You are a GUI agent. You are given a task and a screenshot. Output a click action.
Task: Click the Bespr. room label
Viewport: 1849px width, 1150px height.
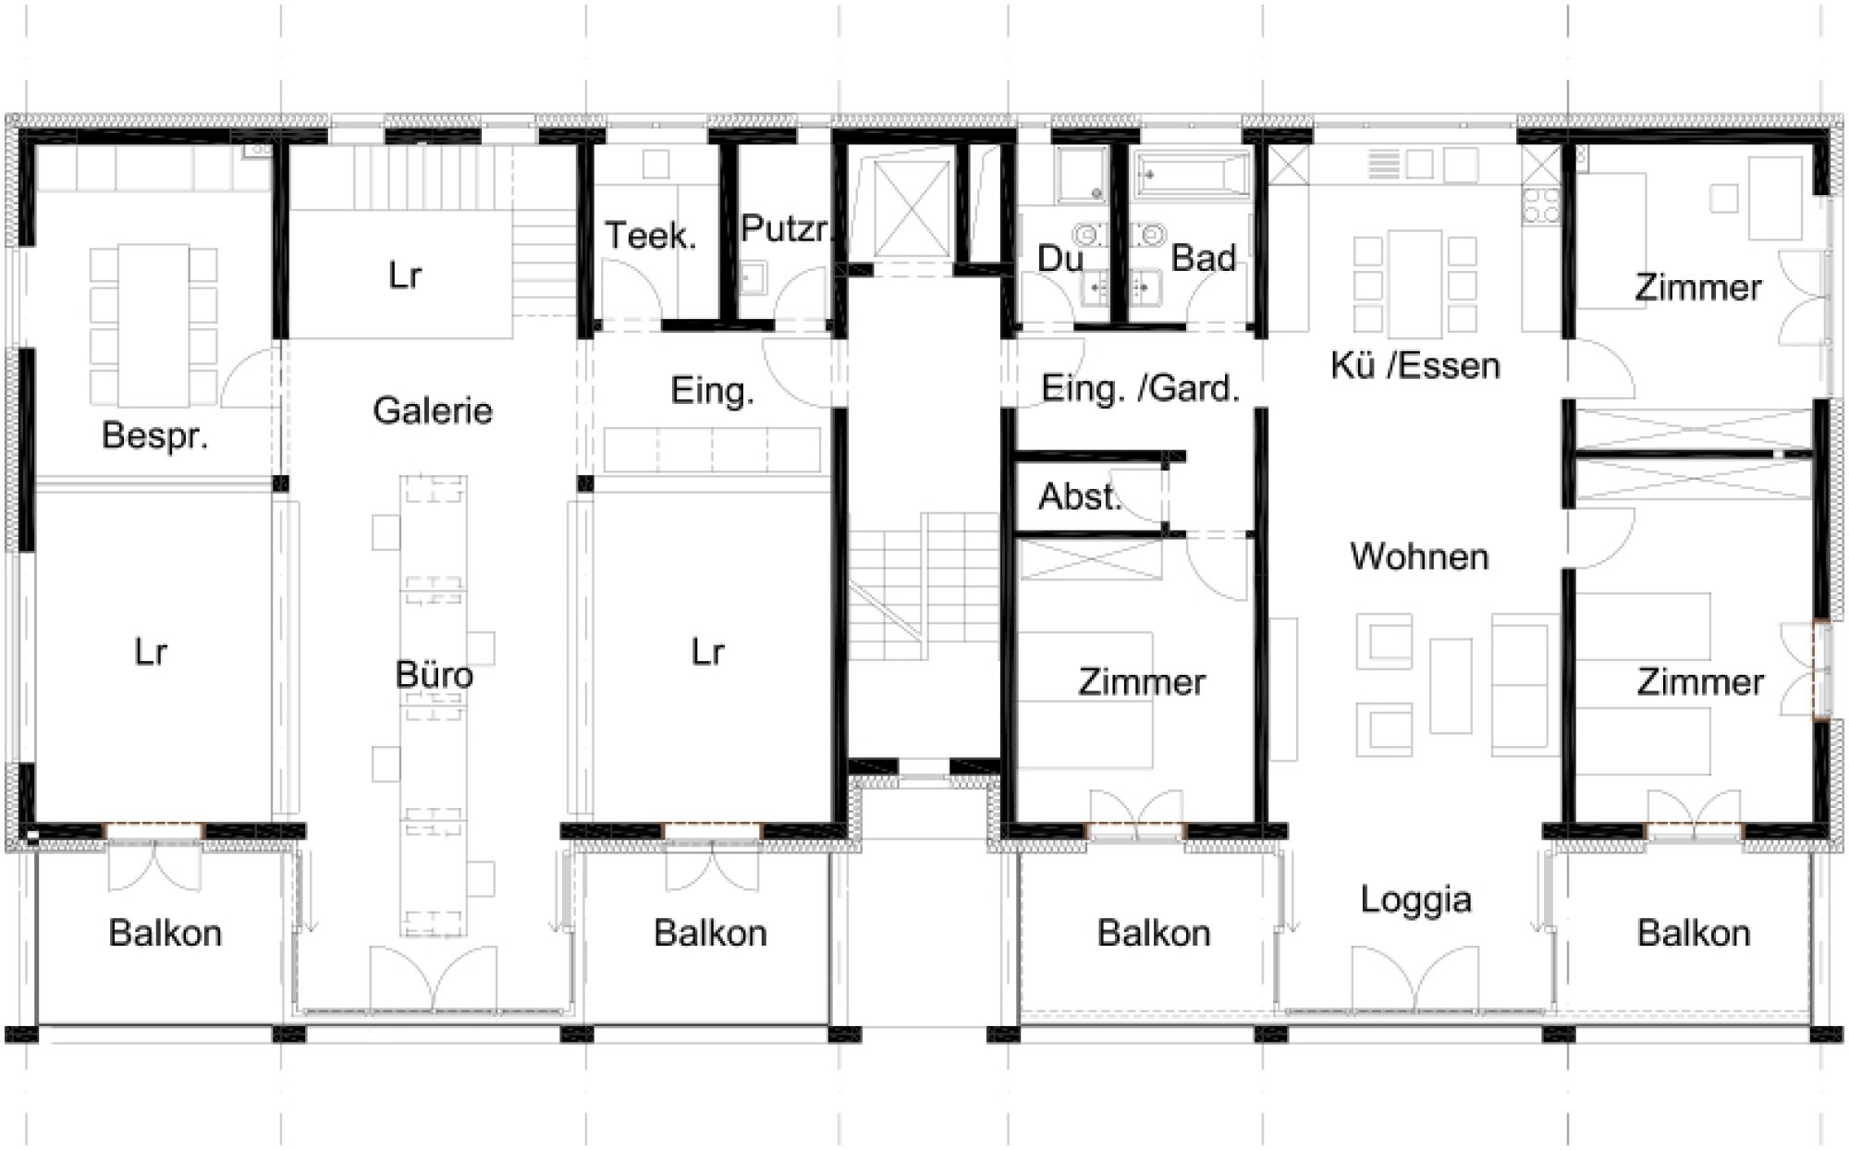click(154, 435)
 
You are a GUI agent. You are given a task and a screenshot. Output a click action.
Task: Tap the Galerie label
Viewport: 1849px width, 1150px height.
click(433, 410)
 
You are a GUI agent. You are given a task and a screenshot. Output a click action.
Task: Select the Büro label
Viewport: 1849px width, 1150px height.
click(435, 675)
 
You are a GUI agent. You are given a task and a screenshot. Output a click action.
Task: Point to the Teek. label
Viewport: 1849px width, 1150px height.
click(651, 236)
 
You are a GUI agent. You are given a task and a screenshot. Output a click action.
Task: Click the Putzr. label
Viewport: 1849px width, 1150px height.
click(786, 228)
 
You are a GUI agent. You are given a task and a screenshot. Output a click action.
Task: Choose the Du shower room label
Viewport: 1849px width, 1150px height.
click(1059, 259)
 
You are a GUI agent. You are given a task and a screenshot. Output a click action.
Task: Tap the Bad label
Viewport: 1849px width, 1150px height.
click(1203, 259)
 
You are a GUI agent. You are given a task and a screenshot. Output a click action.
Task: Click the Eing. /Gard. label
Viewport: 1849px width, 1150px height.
click(1140, 389)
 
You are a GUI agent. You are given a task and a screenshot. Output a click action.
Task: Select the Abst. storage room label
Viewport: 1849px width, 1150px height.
click(1080, 497)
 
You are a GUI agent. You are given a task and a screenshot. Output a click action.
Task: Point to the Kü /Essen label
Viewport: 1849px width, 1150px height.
click(1415, 366)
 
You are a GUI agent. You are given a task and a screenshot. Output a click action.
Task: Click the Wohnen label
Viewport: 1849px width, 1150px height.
click(1419, 557)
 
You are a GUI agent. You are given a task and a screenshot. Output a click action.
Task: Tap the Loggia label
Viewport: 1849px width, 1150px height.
click(1415, 899)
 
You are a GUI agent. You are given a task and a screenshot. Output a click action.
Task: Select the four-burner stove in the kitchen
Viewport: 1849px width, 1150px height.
click(1540, 204)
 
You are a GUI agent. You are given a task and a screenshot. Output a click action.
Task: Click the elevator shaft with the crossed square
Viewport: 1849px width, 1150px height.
click(911, 205)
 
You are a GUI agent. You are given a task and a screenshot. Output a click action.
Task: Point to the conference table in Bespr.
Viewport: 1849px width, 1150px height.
click(154, 324)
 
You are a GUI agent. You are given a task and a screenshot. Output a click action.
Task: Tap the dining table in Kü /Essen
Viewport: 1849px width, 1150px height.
click(1415, 283)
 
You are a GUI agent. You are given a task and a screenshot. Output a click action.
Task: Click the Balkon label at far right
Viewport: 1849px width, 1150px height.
click(1694, 934)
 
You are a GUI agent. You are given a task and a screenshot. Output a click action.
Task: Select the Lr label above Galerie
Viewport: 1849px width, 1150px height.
click(405, 276)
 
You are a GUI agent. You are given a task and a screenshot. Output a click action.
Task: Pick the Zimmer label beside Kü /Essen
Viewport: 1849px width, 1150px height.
click(1698, 287)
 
